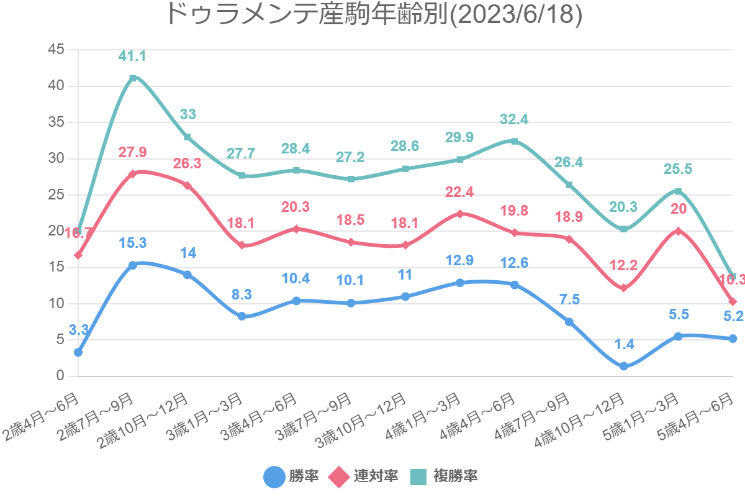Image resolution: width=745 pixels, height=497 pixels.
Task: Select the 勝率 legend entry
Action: (x=292, y=476)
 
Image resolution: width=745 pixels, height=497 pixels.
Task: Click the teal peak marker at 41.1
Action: (x=133, y=78)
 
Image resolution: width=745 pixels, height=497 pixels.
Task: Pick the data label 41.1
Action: (x=132, y=57)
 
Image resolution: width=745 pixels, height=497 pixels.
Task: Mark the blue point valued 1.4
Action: (x=623, y=367)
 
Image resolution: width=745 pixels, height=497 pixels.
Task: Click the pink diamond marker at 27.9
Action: (x=133, y=174)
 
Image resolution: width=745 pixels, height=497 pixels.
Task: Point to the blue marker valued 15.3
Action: (x=133, y=265)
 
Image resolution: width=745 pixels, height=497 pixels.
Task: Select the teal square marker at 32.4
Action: (x=515, y=141)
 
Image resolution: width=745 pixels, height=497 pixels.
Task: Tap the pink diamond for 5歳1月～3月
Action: (x=678, y=231)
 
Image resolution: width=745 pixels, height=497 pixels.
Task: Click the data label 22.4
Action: (x=459, y=193)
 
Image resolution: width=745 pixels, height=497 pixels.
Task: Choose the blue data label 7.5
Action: (x=569, y=300)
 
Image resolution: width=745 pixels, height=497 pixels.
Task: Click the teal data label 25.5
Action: (x=678, y=169)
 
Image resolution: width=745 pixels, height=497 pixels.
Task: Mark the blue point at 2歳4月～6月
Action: (x=78, y=352)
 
